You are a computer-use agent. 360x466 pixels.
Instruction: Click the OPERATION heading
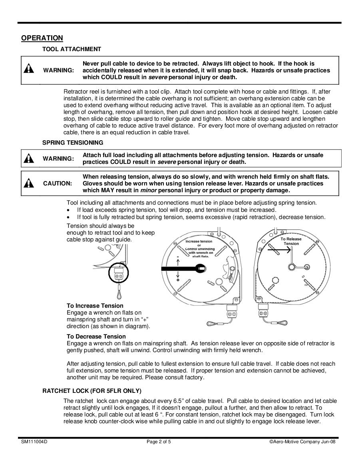tap(42, 38)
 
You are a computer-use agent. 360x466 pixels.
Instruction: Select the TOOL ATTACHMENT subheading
tap(72, 49)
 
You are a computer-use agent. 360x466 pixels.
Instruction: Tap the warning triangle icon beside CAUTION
tap(29, 183)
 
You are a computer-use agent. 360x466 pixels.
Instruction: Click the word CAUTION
tap(58, 183)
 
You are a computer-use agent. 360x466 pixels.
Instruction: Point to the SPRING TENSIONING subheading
tap(73, 142)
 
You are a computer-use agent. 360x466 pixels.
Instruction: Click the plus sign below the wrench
tap(177, 280)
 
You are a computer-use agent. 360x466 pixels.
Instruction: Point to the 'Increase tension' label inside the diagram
tap(199, 241)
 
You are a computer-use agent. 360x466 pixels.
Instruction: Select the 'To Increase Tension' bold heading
tap(95, 306)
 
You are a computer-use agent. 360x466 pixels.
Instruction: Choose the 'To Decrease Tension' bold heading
tap(96, 337)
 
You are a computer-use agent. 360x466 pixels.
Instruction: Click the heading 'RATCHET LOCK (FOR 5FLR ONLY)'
tap(92, 390)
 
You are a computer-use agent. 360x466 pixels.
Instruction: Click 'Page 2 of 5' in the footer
tap(159, 442)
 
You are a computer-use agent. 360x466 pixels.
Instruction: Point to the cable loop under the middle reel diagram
tap(212, 323)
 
